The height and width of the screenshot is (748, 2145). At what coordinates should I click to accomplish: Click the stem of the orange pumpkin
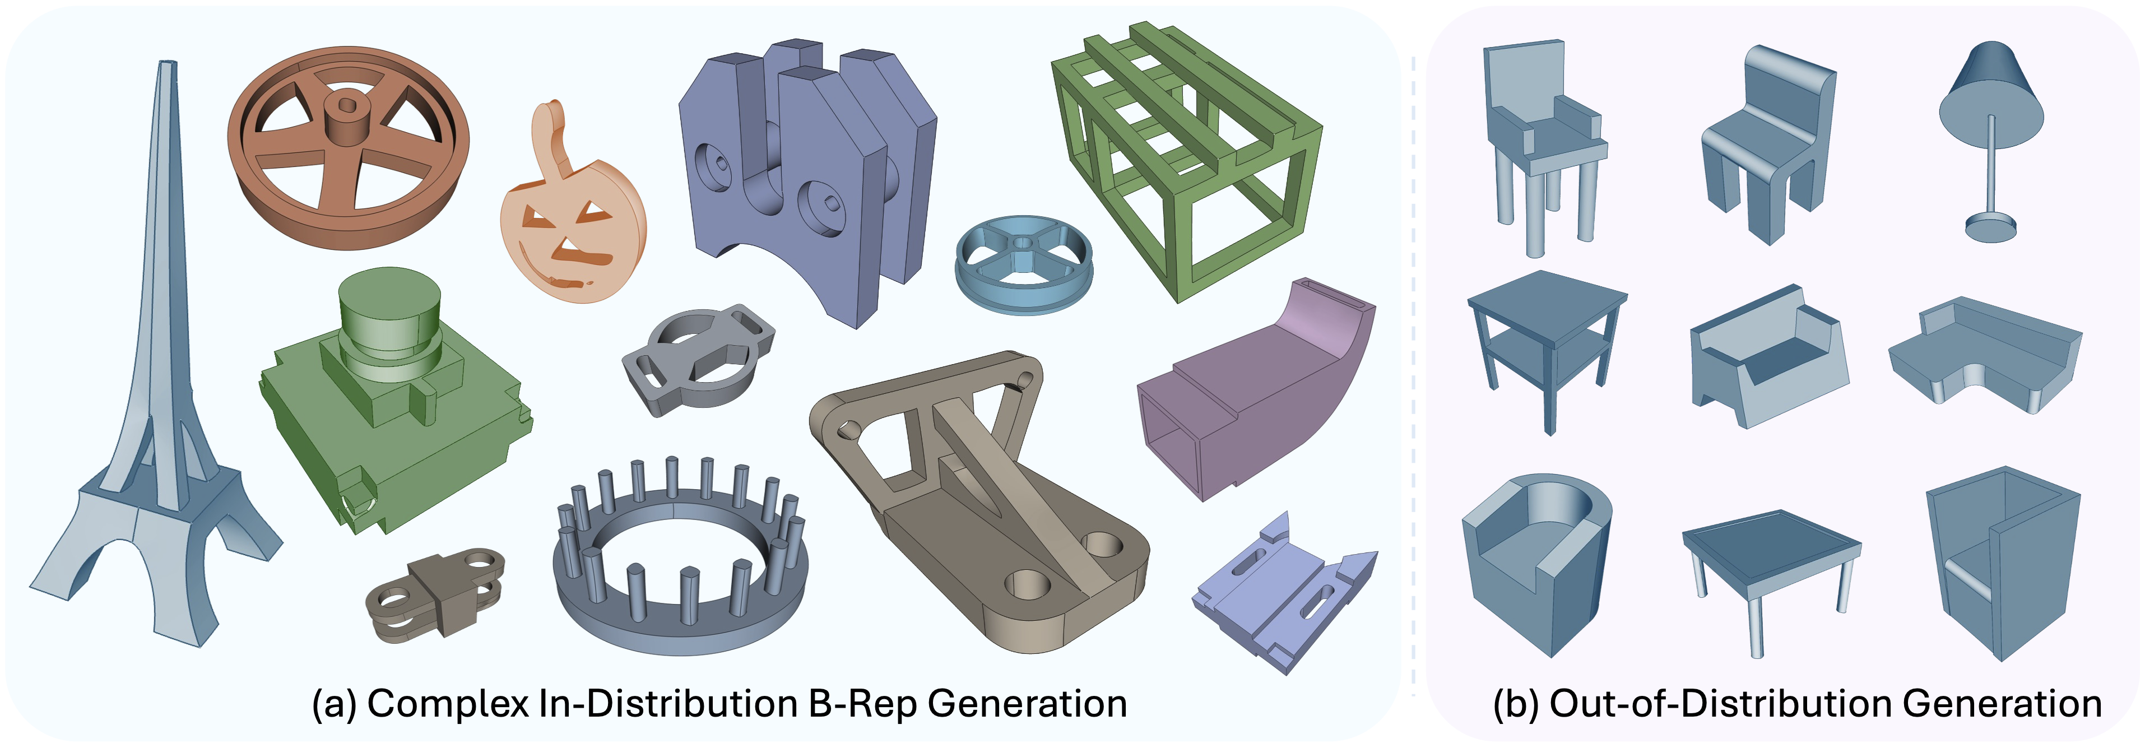554,137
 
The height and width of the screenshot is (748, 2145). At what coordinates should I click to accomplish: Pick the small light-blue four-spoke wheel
1023,264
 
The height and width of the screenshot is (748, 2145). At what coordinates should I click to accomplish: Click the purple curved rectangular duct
1257,392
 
